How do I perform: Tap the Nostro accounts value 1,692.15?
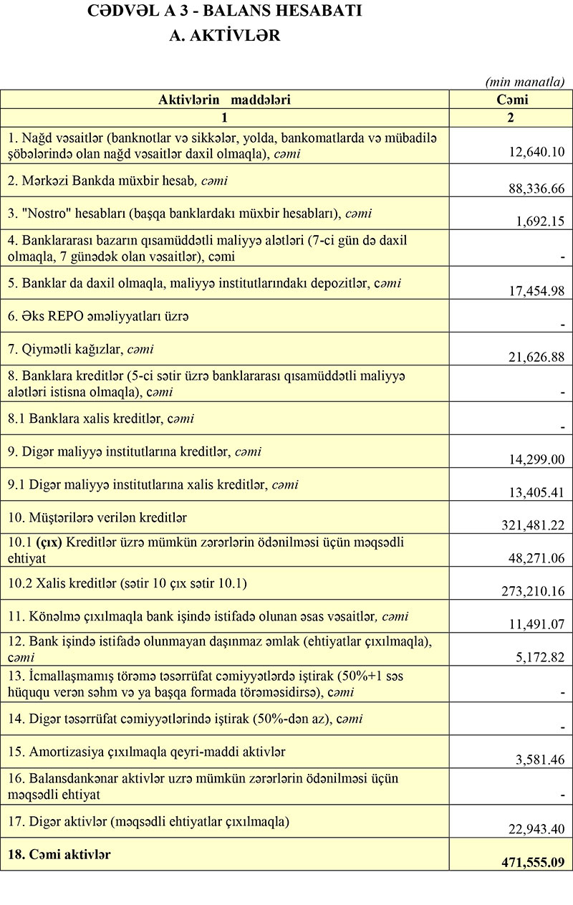coord(541,221)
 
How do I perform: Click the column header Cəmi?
coord(511,100)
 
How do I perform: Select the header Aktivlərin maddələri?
coord(224,100)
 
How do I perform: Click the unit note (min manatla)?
coord(525,82)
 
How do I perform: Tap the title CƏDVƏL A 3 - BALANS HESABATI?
coord(224,11)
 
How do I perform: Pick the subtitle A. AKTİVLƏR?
coord(224,36)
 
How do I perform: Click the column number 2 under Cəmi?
coord(511,118)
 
